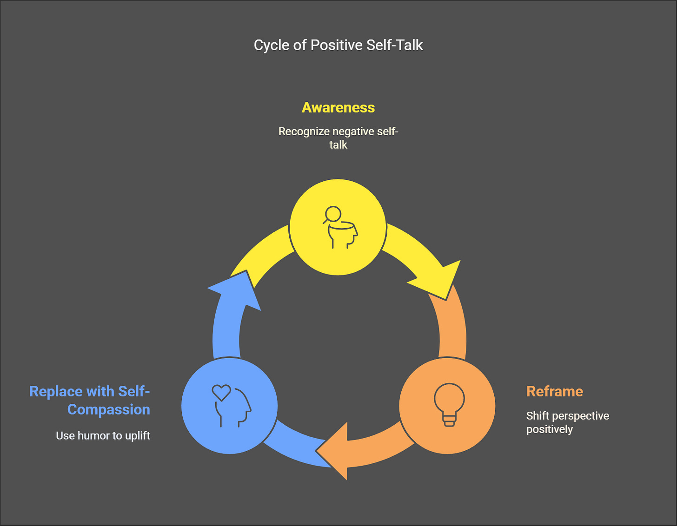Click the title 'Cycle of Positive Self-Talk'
tap(338, 46)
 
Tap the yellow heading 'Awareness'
tap(338, 108)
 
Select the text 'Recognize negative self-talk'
tap(338, 138)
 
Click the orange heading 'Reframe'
tap(555, 392)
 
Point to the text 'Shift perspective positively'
tap(568, 422)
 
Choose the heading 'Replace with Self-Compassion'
tap(90, 400)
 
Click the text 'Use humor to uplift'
tap(103, 436)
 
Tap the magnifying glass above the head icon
tap(332, 215)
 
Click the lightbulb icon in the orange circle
tap(449, 405)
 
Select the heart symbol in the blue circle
tap(221, 393)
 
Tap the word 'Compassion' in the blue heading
tap(109, 409)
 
